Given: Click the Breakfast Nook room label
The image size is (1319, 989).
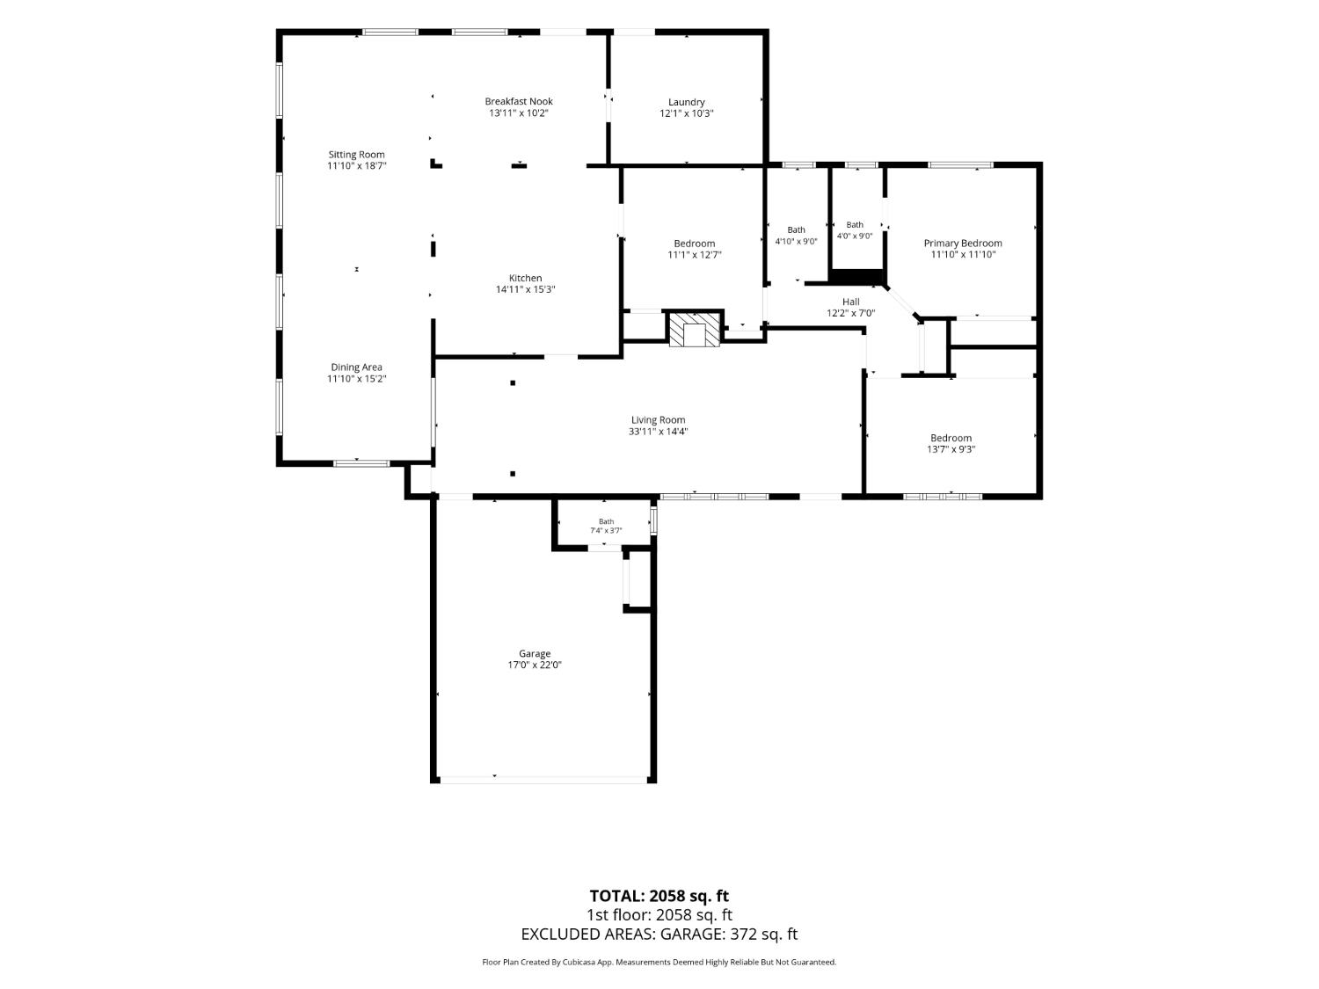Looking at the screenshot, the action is [x=519, y=101].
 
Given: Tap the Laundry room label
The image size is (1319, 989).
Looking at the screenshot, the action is [x=686, y=102].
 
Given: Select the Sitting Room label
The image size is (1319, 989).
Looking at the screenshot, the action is [x=356, y=155].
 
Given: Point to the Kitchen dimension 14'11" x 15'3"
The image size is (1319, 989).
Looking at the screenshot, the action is [x=525, y=289].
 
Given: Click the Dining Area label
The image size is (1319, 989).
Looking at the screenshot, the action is [x=356, y=367].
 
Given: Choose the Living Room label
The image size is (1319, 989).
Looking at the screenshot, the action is [x=658, y=419].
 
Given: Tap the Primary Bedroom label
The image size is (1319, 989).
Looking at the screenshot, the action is [x=963, y=244].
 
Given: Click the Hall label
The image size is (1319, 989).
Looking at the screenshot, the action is [x=851, y=302].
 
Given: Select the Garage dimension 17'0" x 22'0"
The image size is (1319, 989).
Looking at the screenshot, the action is [x=535, y=665].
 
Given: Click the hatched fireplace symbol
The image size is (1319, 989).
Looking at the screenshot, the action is [x=694, y=329].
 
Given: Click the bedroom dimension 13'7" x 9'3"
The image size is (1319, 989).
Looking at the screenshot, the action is [x=951, y=449].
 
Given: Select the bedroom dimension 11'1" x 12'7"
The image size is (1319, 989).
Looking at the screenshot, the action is [x=694, y=255].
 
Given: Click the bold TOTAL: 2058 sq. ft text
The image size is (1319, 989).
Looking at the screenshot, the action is [x=659, y=896].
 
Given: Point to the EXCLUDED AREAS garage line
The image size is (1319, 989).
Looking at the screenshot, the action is [x=659, y=934].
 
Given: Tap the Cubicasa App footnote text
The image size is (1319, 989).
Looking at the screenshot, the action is [x=659, y=962].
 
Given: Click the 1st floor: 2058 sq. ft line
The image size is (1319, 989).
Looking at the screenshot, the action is [x=659, y=915].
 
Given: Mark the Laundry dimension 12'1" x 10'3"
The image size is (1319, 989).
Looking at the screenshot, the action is [x=686, y=113].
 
